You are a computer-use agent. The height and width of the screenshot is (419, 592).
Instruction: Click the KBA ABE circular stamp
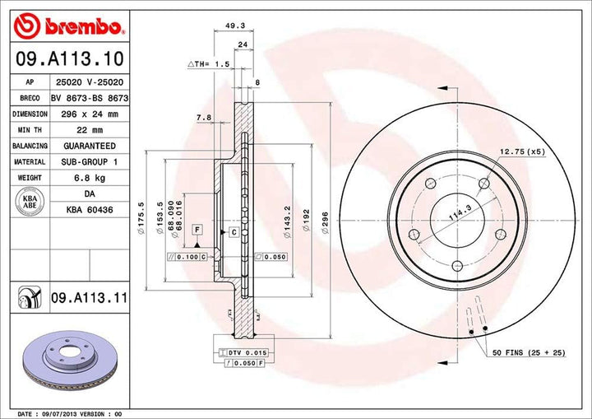tap(27, 202)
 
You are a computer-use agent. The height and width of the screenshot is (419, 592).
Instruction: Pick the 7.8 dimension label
tap(203, 118)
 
